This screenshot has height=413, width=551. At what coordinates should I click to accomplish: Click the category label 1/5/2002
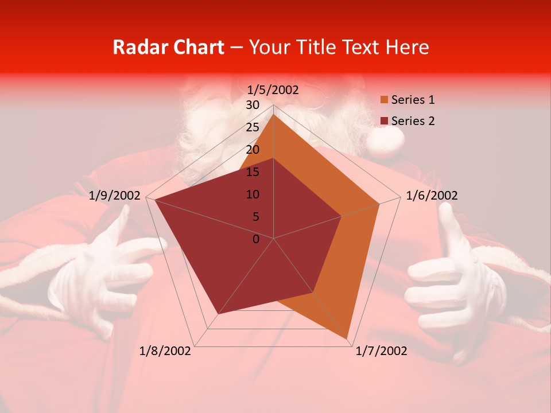pos(273,89)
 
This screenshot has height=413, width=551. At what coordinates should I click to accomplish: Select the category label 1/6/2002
pos(432,196)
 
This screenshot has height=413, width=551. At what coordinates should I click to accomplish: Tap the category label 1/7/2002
pos(381,351)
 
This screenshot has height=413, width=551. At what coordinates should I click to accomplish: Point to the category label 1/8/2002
pos(165,351)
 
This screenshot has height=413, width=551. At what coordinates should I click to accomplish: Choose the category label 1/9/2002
pos(115,196)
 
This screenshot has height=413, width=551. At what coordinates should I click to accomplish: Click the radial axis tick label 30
pos(253,105)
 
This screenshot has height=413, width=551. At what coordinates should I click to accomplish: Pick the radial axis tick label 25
pos(253,127)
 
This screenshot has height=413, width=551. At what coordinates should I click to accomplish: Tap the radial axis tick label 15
pos(253,172)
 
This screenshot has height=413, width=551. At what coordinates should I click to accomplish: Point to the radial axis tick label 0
pos(256,239)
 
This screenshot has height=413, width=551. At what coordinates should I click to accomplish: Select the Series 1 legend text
pos(413,100)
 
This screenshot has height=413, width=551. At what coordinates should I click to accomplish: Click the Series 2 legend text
pos(413,121)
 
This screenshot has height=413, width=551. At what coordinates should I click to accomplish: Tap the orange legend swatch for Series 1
pos(384,100)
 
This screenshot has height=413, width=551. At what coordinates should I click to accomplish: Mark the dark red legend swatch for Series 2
pos(384,121)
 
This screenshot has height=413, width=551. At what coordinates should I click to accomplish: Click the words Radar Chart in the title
pos(168,47)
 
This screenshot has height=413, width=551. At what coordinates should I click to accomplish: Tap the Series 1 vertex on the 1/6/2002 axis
pos(379,204)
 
